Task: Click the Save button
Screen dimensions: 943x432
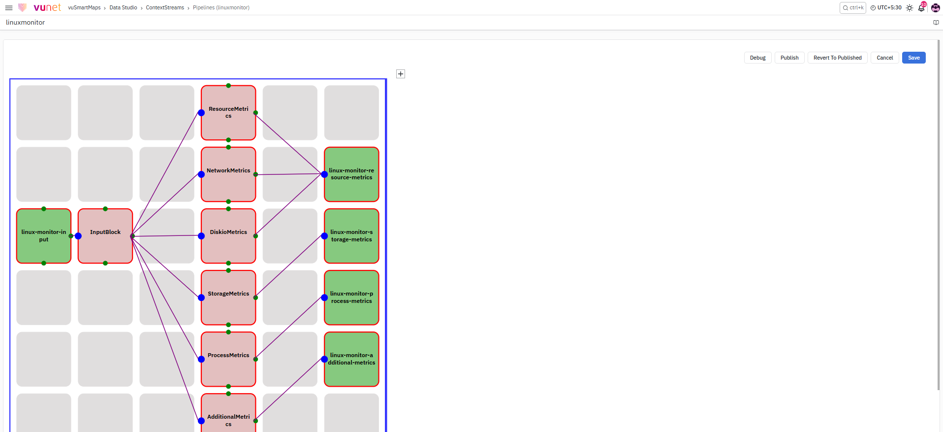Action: pos(913,58)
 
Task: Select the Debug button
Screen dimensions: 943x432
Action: pos(757,58)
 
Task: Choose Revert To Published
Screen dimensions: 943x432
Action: pos(837,58)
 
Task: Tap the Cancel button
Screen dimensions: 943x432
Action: pos(884,58)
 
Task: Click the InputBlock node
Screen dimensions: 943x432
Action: pos(105,236)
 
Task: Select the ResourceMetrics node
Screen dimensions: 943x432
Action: pos(228,113)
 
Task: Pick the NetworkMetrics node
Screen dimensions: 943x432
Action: pos(228,174)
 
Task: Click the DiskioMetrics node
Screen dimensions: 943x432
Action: pos(228,236)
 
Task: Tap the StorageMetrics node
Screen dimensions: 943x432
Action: pos(228,298)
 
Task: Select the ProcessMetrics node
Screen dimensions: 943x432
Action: pos(228,359)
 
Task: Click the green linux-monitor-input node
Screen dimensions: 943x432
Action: pos(44,236)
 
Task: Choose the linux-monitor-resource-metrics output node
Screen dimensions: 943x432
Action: pos(351,174)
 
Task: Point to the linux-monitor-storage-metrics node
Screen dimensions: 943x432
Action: pos(351,236)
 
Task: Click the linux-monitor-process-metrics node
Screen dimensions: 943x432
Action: pos(351,298)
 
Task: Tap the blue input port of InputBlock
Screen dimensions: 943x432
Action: pos(78,236)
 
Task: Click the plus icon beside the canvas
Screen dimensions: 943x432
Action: pos(401,74)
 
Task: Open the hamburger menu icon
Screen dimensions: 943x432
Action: pos(9,8)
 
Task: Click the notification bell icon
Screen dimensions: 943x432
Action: pos(921,7)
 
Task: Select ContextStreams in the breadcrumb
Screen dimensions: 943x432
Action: pos(165,8)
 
